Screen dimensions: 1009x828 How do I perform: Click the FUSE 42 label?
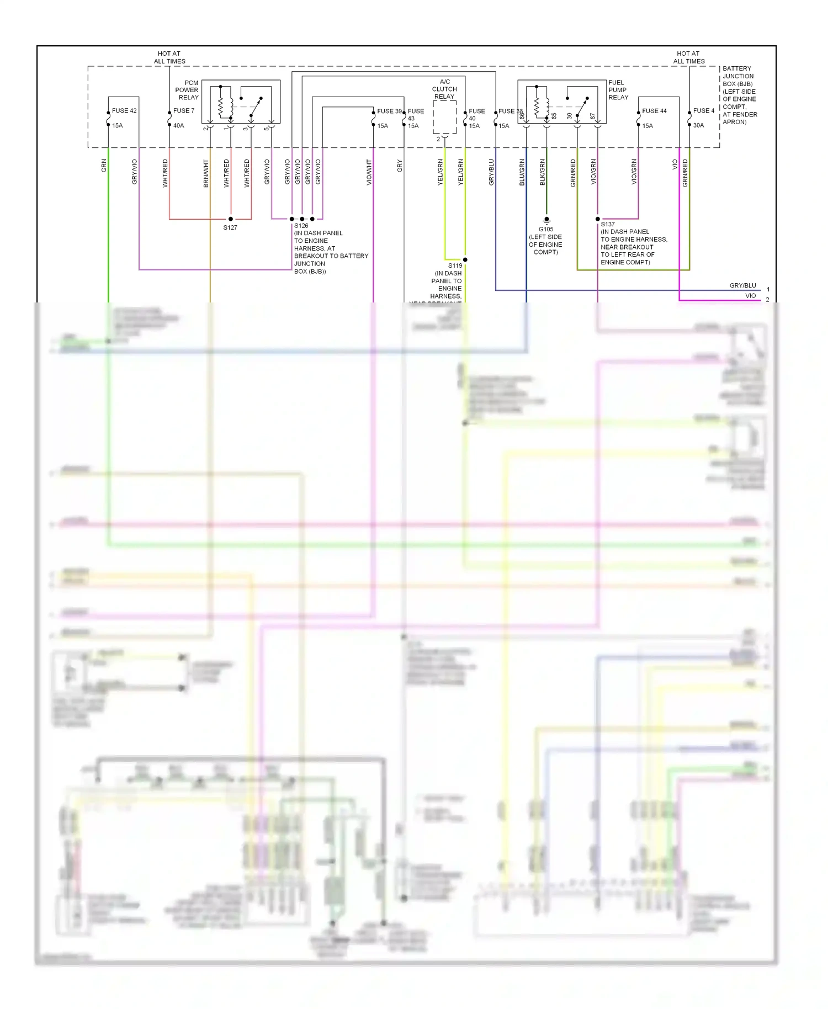(x=124, y=111)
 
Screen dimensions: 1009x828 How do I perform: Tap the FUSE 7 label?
(x=184, y=111)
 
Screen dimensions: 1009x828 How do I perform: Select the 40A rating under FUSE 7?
(x=178, y=126)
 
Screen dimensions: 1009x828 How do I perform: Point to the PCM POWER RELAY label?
(x=187, y=90)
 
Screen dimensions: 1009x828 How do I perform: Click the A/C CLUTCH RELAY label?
(x=444, y=89)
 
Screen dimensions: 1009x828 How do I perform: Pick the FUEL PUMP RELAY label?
(x=618, y=90)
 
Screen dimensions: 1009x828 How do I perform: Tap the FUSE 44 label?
(x=654, y=111)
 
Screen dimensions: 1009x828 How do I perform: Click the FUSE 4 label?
(x=703, y=111)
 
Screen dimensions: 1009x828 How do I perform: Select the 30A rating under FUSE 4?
(x=698, y=126)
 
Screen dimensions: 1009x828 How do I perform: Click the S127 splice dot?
(x=231, y=219)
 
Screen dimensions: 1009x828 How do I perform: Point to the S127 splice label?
(x=230, y=227)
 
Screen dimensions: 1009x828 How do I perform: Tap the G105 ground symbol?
(x=546, y=220)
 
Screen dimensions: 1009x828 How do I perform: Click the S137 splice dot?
(x=598, y=219)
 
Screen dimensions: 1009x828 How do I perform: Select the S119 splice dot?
(x=465, y=259)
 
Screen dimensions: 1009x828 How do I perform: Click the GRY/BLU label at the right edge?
(x=742, y=285)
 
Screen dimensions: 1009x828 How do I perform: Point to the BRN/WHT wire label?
(x=206, y=173)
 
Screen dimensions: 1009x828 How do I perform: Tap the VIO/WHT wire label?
(x=369, y=172)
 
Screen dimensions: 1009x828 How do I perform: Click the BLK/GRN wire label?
(x=543, y=172)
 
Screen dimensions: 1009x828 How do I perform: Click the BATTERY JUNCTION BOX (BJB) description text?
(x=740, y=95)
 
